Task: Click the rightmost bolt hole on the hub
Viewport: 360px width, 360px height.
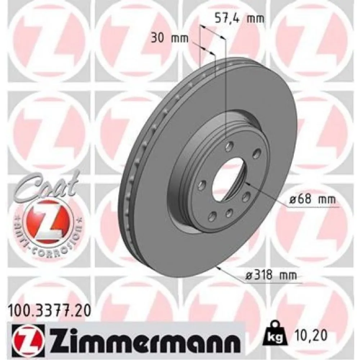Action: coord(257,154)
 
